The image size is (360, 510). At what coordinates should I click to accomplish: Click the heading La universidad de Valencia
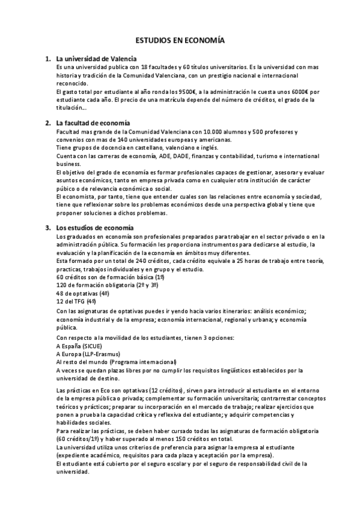pyautogui.click(x=96, y=59)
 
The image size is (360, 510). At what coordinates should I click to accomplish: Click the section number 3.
pyautogui.click(x=47, y=228)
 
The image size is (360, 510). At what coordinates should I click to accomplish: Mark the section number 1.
pyautogui.click(x=47, y=59)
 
